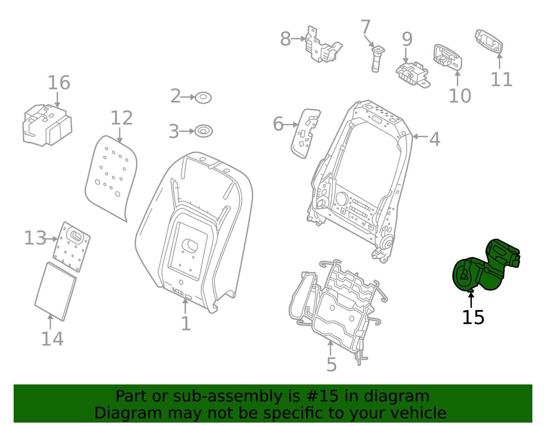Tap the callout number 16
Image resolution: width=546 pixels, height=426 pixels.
coord(59,83)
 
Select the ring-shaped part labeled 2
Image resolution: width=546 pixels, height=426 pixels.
coord(203,98)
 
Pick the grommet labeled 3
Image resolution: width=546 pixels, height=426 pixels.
coord(203,131)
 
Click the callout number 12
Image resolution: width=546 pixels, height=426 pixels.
coord(121,118)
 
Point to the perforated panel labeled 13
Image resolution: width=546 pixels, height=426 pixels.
coord(72,247)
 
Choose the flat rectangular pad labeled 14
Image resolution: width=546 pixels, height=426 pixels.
coord(56,292)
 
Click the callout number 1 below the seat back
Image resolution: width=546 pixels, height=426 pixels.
coord(186,324)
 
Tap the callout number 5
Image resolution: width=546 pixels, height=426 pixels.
coord(331,365)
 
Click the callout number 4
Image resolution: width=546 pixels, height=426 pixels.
coord(435,139)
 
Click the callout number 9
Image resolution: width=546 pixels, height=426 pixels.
coord(407,39)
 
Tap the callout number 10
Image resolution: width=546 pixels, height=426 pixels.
coord(460,96)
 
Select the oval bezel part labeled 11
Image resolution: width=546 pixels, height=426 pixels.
coord(489,41)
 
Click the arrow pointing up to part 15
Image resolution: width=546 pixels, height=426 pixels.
coord(471,300)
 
